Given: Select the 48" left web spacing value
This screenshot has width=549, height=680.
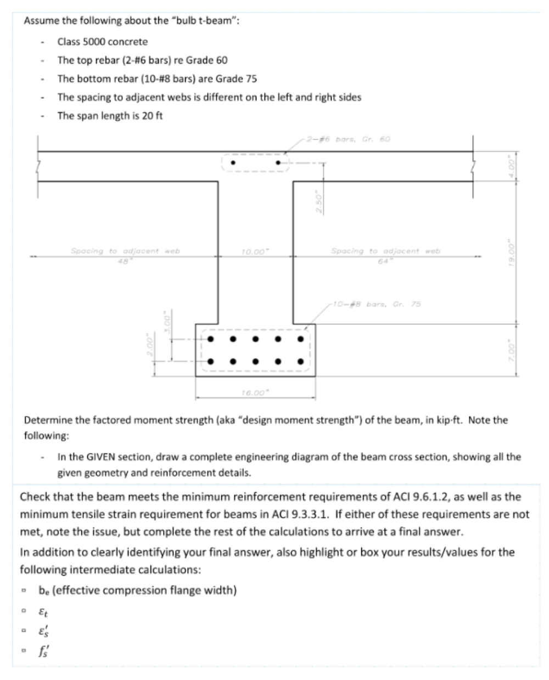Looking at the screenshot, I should pyautogui.click(x=127, y=260).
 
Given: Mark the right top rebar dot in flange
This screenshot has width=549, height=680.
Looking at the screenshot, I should pyautogui.click(x=278, y=163).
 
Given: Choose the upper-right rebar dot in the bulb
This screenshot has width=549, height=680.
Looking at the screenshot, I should pyautogui.click(x=300, y=339).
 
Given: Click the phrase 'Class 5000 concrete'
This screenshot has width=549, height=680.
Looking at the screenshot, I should pyautogui.click(x=103, y=42).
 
